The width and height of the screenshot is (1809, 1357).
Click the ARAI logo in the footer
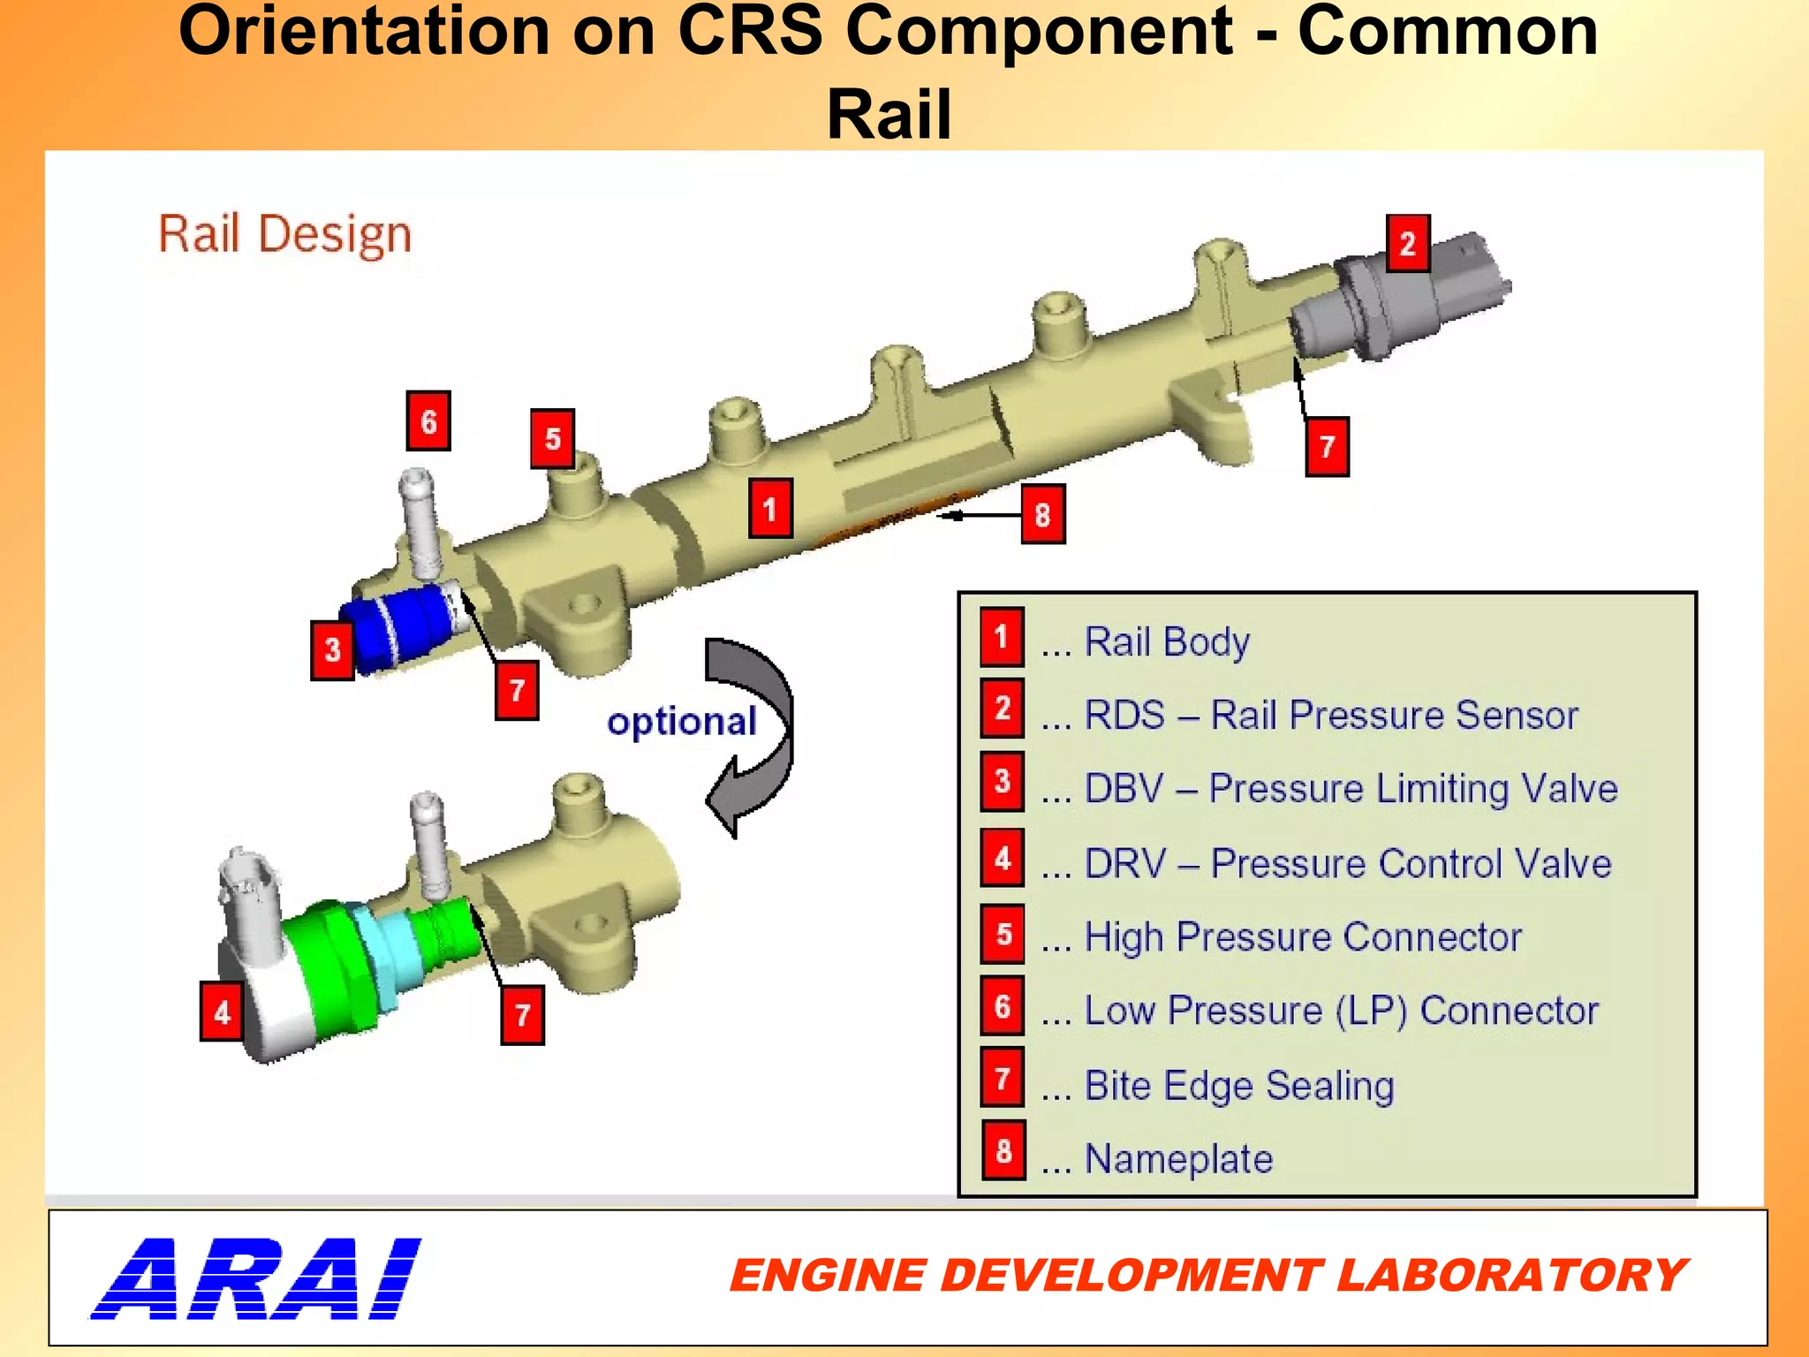(x=256, y=1278)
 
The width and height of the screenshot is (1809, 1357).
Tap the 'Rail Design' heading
(x=284, y=235)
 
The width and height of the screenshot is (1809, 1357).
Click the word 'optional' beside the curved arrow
(x=682, y=722)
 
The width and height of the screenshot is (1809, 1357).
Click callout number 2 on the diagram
(x=1407, y=243)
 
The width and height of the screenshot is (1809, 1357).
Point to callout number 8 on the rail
(x=1042, y=514)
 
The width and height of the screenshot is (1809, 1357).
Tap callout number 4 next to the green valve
(x=222, y=1012)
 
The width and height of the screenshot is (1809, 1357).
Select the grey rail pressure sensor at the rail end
(x=1404, y=300)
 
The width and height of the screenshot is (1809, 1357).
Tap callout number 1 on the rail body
(x=770, y=509)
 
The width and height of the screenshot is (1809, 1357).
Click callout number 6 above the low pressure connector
(x=428, y=421)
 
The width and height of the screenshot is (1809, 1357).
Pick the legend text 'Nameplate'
(x=1178, y=1158)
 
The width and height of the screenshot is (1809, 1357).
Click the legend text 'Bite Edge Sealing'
(x=1239, y=1085)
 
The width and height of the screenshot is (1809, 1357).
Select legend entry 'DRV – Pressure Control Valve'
(x=1347, y=863)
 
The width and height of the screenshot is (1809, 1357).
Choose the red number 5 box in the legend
(x=1003, y=934)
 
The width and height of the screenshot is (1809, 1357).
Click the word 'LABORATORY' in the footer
(x=1510, y=1276)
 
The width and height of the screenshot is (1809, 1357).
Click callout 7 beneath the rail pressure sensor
(x=1327, y=447)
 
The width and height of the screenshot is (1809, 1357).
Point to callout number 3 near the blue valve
(x=332, y=650)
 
